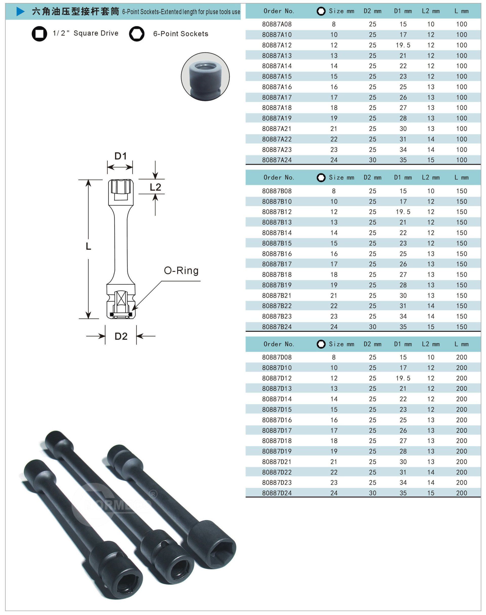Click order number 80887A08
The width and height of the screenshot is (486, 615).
click(x=277, y=24)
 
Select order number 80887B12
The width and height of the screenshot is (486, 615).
click(x=277, y=212)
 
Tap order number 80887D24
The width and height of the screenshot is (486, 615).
click(x=277, y=493)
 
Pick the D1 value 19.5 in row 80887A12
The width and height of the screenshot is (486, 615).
click(x=403, y=45)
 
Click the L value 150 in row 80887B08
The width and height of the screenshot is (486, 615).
click(x=461, y=191)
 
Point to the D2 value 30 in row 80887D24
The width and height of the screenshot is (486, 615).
click(x=372, y=493)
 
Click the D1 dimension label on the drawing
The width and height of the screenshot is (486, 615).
click(x=121, y=156)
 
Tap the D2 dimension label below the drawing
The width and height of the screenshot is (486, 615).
click(x=121, y=336)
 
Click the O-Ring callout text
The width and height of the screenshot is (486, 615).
click(x=181, y=270)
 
